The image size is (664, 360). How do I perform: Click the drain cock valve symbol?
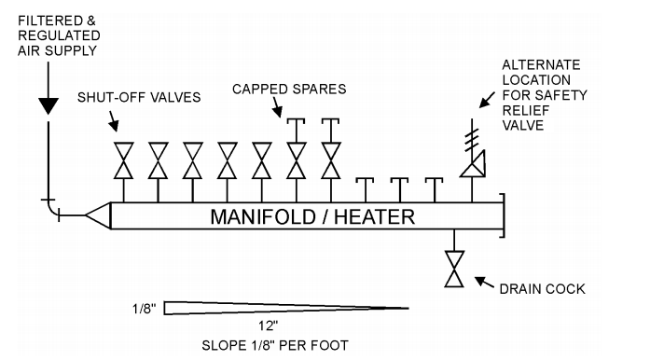coord(454,269)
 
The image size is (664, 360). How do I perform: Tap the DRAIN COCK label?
coord(542,289)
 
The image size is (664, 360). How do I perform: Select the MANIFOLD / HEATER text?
coord(312,217)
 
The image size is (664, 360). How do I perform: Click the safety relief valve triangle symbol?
coord(473,164)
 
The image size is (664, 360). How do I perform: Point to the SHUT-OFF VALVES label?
coord(139,97)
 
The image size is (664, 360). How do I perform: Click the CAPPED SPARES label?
coord(289,89)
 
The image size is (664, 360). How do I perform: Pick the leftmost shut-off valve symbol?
coord(124,160)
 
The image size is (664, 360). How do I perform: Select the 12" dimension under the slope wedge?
coord(269,325)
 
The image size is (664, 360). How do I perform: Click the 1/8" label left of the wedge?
coord(144,309)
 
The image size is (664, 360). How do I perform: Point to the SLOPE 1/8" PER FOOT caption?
coord(275,345)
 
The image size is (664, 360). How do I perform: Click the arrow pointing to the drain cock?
coord(484,283)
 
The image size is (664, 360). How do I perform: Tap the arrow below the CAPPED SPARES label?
coord(277,107)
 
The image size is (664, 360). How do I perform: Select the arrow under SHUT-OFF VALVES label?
coord(113,121)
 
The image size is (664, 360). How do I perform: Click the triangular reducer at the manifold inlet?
coord(98,215)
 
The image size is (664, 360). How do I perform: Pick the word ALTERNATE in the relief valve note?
coord(541,64)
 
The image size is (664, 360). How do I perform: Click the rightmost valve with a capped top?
coord(331,148)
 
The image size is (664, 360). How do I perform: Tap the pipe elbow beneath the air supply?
coord(51,210)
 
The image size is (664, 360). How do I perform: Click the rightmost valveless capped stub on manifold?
coord(435,190)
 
